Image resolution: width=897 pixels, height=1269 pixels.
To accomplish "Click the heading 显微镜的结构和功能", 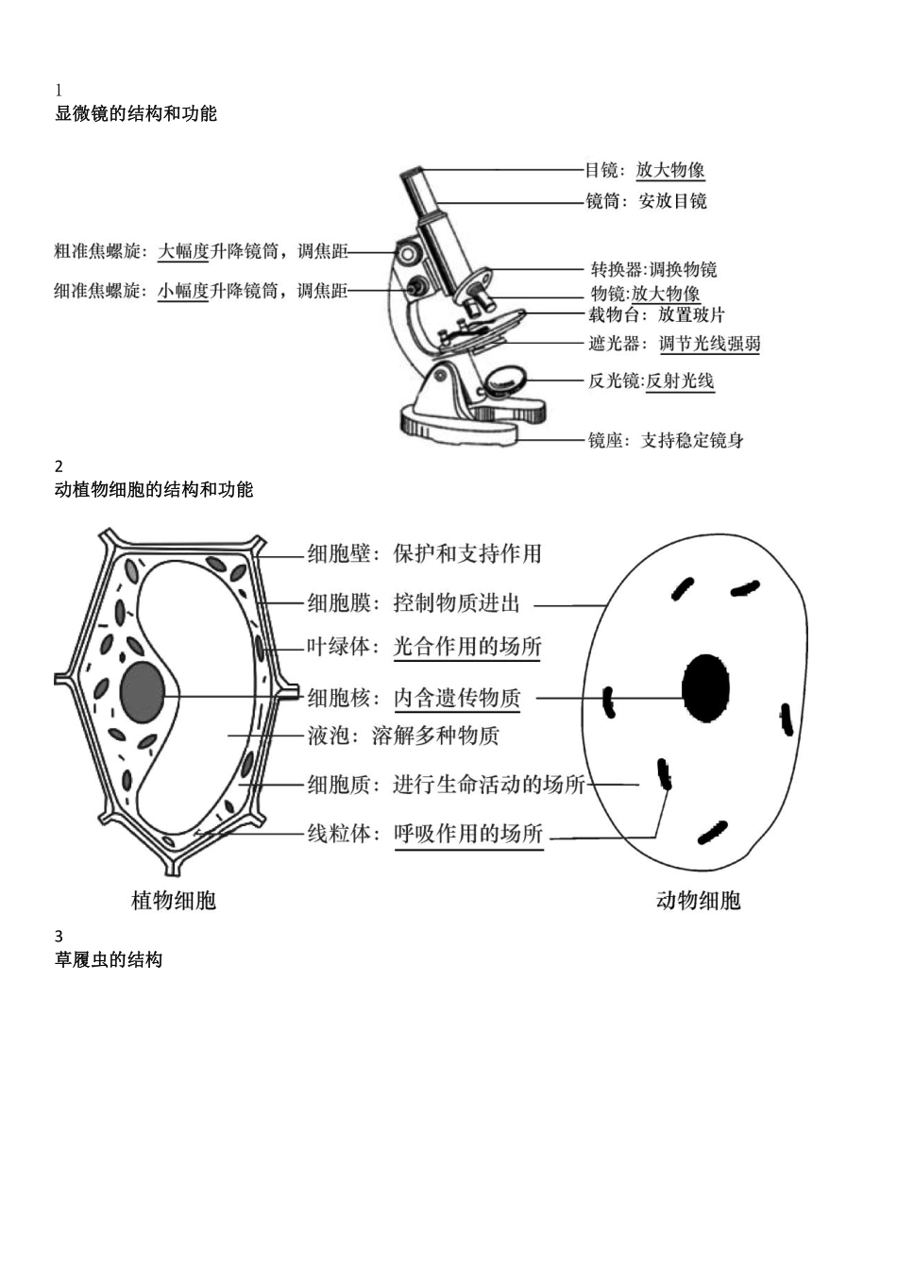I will (x=136, y=114).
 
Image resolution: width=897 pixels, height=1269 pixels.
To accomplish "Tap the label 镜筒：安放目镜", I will (x=646, y=200).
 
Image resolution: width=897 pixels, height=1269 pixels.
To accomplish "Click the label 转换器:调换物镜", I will (x=653, y=269).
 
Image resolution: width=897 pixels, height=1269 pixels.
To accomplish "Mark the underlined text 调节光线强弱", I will (x=709, y=344).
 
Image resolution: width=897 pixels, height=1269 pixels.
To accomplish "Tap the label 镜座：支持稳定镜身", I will (x=666, y=440).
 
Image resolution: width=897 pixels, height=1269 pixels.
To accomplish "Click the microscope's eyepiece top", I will (x=413, y=175).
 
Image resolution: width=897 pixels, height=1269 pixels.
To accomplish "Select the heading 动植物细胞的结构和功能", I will (x=154, y=490).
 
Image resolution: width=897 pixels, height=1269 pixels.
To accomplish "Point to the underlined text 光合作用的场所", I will (x=467, y=647).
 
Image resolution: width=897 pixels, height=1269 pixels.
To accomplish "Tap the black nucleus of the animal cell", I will (x=705, y=687).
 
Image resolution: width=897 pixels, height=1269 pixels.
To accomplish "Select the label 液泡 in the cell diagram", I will (x=329, y=736).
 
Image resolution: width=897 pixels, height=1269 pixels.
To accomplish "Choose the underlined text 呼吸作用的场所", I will (x=468, y=834).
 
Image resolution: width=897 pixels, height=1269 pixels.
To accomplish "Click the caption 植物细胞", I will (x=174, y=901).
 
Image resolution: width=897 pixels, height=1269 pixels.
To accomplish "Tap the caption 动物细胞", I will (x=698, y=901).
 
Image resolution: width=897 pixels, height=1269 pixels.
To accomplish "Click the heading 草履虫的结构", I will (x=109, y=960).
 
